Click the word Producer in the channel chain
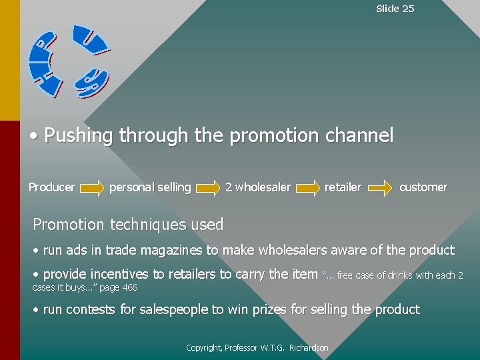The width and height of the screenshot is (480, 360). [x=51, y=187]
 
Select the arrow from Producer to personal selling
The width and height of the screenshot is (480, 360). [x=91, y=188]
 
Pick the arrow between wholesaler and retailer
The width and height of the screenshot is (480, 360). [x=307, y=188]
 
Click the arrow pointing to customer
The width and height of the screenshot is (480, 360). [x=381, y=188]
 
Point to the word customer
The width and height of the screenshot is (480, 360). [x=423, y=187]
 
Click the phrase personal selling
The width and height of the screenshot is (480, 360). [x=150, y=187]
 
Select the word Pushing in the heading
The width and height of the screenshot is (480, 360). [x=79, y=136]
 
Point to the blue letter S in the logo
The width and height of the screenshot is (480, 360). [x=92, y=81]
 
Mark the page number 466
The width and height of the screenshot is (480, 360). [x=129, y=287]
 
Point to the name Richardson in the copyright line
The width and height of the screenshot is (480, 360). [x=309, y=348]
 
